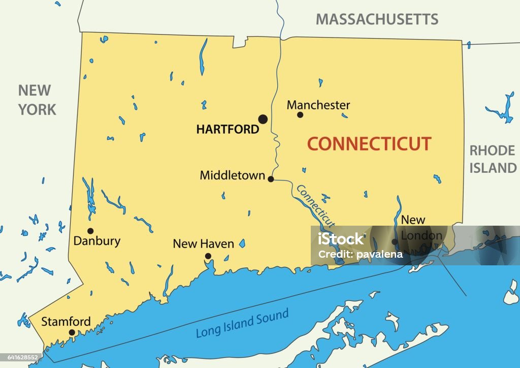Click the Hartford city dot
coord(263,119)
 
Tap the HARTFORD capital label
coord(227,130)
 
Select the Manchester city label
coord(318,105)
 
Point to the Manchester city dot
coord(300,115)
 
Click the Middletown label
coord(232,175)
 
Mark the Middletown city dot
coord(271,179)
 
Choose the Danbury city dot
coord(90,231)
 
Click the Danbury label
coord(97,241)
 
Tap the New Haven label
coord(203,244)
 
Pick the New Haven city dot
coord(208,256)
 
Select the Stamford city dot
coord(72,332)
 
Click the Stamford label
coord(66,322)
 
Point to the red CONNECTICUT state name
coord(369,144)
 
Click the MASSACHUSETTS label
coord(377,19)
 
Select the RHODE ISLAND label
coord(492,159)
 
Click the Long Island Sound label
coord(243,323)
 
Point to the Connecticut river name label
coord(315,206)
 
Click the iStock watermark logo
coord(341,238)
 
